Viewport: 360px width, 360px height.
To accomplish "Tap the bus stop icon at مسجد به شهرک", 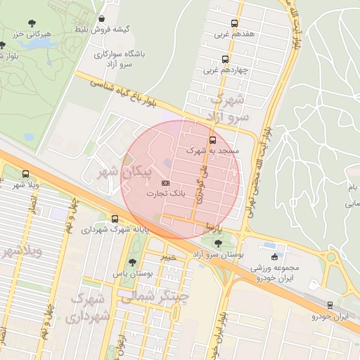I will point(213,140).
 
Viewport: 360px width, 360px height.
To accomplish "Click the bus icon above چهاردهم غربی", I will point(225,59).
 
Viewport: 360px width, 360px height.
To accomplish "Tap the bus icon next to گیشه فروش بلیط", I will point(103,19).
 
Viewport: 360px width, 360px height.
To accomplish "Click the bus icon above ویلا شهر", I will point(26,174).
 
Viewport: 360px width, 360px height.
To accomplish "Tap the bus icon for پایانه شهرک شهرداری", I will point(115,219).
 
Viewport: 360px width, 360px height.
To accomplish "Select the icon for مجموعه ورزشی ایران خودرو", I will point(274,257).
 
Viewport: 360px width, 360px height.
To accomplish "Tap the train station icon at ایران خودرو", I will point(330,305).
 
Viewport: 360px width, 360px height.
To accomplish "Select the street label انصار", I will point(32,205).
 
